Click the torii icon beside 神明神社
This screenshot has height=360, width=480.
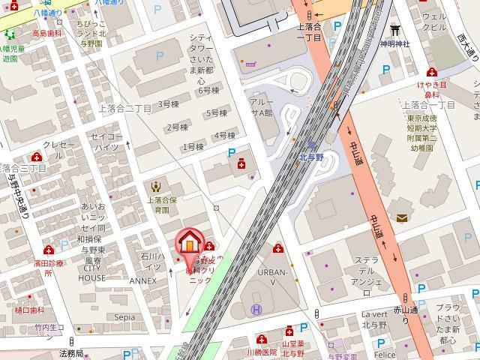click(x=394, y=30)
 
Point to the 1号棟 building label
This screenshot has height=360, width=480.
click(x=193, y=147)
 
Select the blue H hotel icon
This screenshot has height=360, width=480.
click(x=256, y=309)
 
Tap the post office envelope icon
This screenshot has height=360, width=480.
click(x=403, y=218)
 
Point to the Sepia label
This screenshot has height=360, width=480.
click(x=124, y=317)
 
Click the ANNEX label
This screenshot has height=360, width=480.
click(x=142, y=281)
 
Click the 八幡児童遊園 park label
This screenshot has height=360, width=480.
click(x=13, y=53)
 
